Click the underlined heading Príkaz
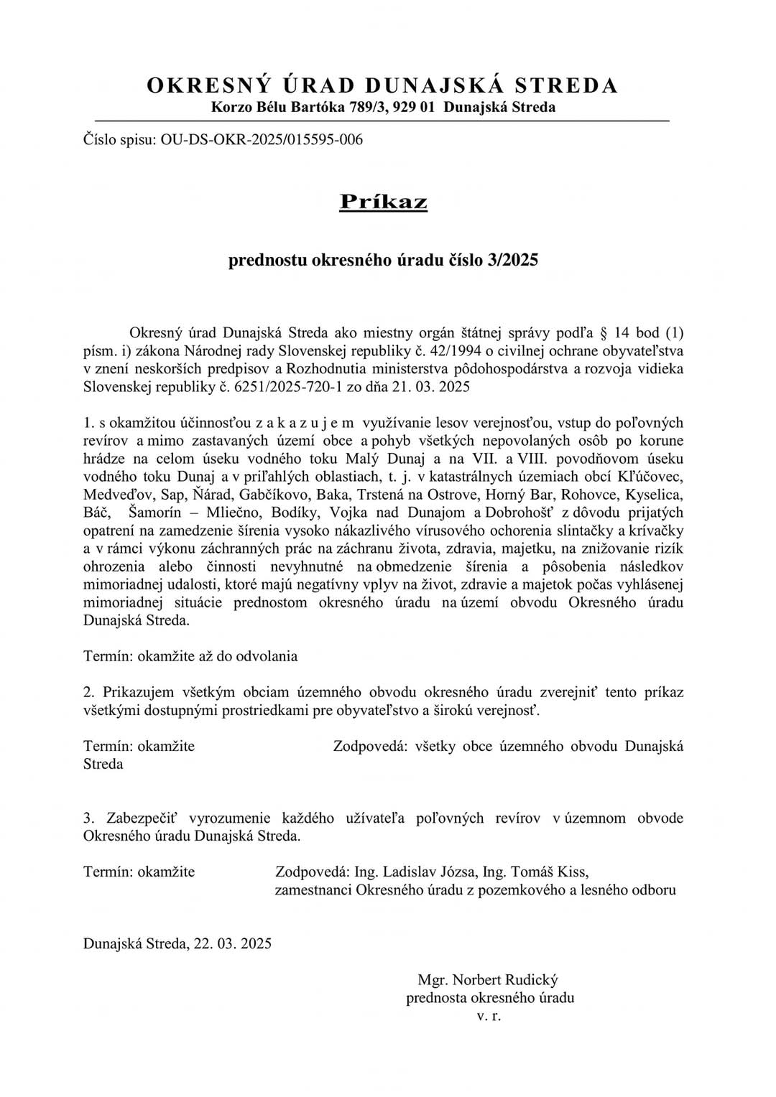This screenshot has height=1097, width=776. tap(383, 202)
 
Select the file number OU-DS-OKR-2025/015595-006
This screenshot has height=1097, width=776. tap(262, 139)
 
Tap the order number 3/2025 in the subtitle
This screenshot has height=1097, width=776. tap(512, 260)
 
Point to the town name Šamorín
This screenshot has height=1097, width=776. tap(159, 513)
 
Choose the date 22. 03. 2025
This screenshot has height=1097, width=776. tap(232, 944)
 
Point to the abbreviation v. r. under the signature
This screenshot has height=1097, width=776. tap(489, 1016)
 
